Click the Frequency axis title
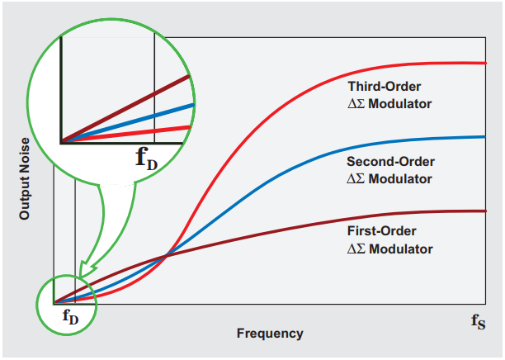[x=269, y=334]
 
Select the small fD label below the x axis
[x=71, y=315]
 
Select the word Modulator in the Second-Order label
[x=404, y=178]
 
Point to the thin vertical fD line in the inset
[x=154, y=83]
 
